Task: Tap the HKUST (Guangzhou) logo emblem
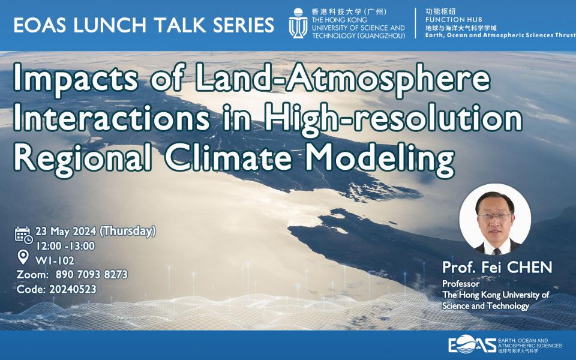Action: click(x=298, y=23)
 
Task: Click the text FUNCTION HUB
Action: click(x=454, y=20)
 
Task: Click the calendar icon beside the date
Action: click(x=23, y=235)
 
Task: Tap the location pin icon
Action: click(x=23, y=257)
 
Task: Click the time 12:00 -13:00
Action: click(x=65, y=246)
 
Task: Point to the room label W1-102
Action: click(x=55, y=260)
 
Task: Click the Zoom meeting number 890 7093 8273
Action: click(x=91, y=274)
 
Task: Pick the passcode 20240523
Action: click(x=73, y=289)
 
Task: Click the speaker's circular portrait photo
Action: click(x=495, y=220)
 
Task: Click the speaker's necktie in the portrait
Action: click(x=496, y=251)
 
